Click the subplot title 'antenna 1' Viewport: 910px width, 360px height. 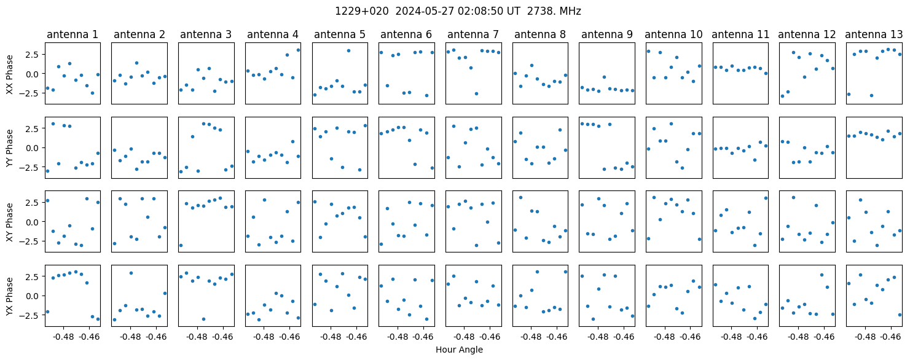[73, 35]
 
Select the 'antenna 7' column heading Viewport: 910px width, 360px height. [473, 35]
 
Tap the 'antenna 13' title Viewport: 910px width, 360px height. [874, 35]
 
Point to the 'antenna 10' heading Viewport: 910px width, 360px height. [673, 35]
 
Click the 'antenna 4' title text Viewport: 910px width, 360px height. [273, 35]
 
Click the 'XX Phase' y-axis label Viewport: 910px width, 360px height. [9, 74]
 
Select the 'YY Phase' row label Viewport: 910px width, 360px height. [9, 148]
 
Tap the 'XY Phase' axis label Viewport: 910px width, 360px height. [9, 222]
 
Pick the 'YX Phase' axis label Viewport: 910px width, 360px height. [9, 295]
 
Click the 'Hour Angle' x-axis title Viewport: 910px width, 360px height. [459, 350]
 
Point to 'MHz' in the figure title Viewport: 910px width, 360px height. [570, 12]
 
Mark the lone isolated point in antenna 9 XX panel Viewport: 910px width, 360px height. [604, 77]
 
